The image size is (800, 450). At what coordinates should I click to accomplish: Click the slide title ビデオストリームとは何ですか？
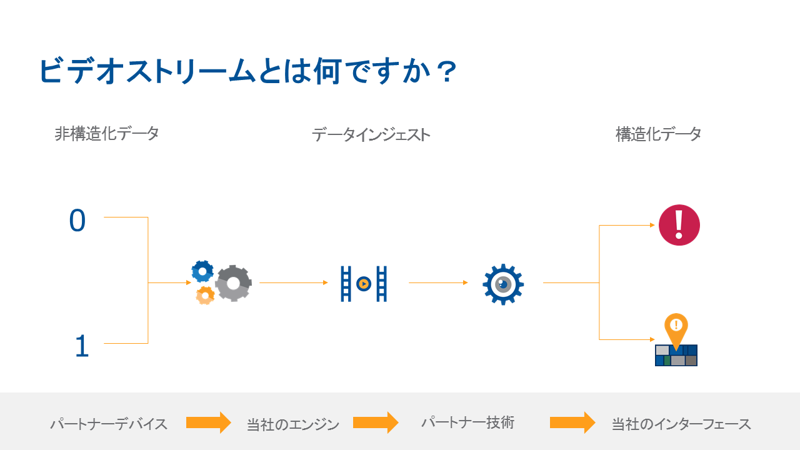pos(248,71)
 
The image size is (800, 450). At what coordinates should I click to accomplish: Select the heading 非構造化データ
pos(106,133)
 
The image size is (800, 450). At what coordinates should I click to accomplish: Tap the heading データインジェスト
pos(371,134)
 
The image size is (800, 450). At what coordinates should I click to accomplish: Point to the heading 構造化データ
pos(658,134)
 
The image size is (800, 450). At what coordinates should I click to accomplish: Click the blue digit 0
pos(77,221)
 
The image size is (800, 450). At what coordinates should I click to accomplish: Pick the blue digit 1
pos(81,346)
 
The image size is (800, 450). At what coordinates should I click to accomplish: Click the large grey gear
pos(233,283)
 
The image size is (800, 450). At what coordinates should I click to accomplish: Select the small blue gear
pos(202,271)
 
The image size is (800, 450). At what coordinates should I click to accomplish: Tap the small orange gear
pos(205,295)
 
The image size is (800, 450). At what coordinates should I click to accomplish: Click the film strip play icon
pos(363,284)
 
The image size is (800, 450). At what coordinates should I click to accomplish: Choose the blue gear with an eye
pos(503,284)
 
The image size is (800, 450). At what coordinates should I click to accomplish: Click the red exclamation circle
pos(679,225)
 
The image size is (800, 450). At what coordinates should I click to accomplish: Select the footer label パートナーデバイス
pos(109,424)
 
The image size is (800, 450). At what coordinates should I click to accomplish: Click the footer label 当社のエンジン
pos(293,425)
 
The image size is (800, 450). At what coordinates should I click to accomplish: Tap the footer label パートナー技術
pos(467,422)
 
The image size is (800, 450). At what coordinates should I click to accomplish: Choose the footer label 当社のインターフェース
pos(681,424)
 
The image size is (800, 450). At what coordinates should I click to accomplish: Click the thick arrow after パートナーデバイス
pos(209,422)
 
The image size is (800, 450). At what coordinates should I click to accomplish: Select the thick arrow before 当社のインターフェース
pos(572,422)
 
